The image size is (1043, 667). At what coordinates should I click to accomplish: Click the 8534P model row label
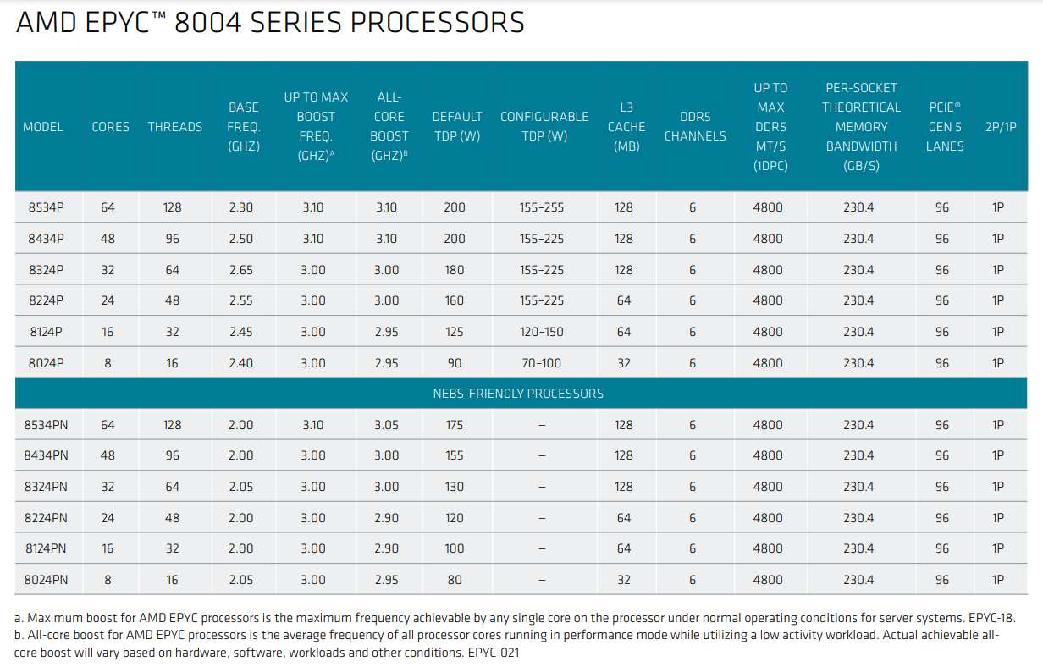43,207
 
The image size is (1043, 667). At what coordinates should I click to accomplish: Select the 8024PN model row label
47,580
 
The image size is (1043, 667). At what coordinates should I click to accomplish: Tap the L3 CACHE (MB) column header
626,127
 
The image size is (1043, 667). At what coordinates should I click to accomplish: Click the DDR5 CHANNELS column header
694,127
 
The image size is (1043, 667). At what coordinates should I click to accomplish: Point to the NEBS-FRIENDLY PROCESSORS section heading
518,394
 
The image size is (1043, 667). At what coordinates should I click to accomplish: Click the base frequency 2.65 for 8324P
240,270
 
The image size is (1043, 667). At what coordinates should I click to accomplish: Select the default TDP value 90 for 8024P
454,363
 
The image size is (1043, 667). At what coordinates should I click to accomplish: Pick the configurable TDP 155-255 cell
542,207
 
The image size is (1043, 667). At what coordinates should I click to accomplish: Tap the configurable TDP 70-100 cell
542,363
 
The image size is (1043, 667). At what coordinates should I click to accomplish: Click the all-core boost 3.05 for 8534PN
386,425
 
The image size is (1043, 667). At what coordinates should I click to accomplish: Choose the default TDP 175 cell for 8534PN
454,425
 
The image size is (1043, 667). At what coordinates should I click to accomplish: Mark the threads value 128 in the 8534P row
172,207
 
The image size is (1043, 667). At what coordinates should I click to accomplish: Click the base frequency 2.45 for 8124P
240,332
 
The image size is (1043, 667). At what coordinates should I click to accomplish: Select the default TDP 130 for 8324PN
454,487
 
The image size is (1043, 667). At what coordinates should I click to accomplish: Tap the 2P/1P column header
1001,127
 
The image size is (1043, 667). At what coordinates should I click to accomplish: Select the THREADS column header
175,127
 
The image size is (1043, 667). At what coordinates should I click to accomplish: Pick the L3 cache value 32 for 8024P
624,363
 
